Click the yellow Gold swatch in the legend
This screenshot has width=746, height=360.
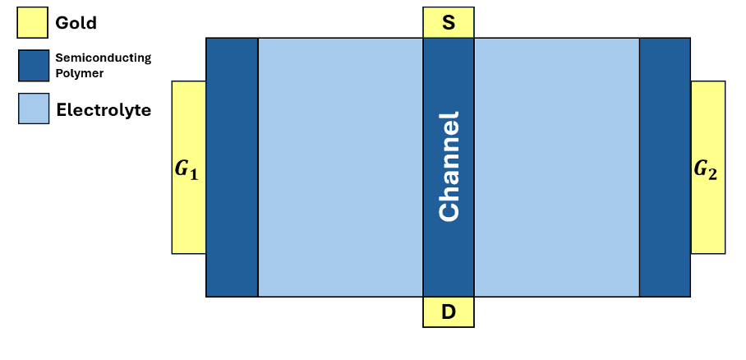point(32,23)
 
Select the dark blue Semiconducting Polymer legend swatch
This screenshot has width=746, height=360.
point(32,66)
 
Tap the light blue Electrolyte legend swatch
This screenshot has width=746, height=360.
point(32,108)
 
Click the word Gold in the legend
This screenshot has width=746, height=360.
point(76,23)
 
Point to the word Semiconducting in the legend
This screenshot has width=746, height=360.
point(103,58)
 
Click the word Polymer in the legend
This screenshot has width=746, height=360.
point(80,73)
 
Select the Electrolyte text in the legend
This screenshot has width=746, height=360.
point(104,109)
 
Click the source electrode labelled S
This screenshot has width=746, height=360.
point(449,23)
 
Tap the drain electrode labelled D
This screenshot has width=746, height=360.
point(449,312)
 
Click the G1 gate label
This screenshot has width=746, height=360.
point(187,171)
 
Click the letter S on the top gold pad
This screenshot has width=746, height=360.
point(449,23)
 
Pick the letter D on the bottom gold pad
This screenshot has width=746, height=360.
point(449,312)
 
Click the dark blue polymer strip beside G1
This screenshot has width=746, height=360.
point(232,167)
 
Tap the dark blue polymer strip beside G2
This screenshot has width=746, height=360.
point(665,167)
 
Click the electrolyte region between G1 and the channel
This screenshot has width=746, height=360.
point(340,167)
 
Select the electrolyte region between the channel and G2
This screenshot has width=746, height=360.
point(556,167)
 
